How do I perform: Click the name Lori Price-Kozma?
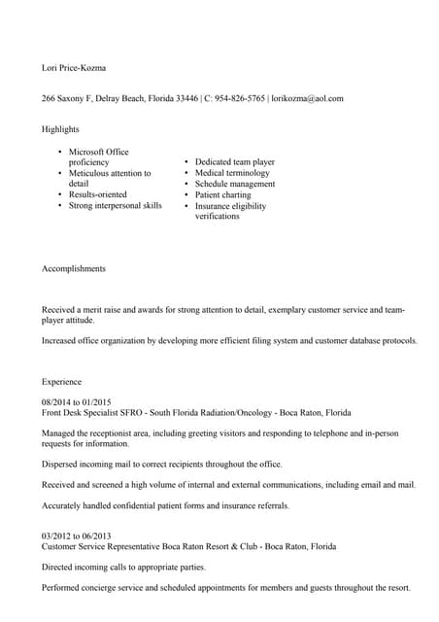click(74, 68)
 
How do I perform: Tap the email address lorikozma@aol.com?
click(307, 98)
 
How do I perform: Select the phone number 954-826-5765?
click(240, 98)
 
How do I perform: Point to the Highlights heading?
click(60, 128)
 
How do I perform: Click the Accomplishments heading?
click(74, 268)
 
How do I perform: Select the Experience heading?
click(62, 382)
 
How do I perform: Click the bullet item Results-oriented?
click(97, 194)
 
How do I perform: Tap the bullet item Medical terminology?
click(234, 173)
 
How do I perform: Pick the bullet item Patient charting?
click(222, 194)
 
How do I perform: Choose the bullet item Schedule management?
click(234, 184)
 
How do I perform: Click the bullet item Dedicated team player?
click(234, 162)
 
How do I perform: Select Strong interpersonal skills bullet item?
click(115, 205)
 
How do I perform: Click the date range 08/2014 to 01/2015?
click(77, 401)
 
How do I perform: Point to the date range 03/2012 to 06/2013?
click(77, 536)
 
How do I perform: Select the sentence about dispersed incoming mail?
click(162, 464)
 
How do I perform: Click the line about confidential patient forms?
click(165, 504)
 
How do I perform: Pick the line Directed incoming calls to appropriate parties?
click(123, 567)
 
